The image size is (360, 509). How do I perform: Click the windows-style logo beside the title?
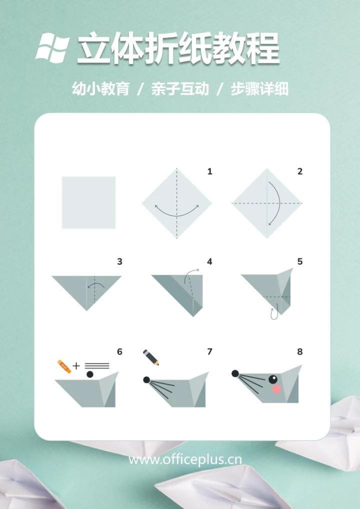52,47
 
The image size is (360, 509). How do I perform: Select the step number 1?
209,171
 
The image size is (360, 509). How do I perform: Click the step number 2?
300,171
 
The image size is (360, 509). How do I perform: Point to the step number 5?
300,261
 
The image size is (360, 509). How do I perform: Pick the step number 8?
300,352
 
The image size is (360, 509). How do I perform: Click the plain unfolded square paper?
88,202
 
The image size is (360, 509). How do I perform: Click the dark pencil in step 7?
150,357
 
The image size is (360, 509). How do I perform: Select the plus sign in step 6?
76,366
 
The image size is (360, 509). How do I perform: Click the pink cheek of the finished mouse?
276,388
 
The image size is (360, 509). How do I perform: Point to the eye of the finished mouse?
273,379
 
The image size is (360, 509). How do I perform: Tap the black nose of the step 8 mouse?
235,373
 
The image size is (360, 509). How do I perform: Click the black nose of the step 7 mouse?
146,379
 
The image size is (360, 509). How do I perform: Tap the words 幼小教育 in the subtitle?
100,89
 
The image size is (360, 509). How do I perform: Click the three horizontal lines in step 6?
97,366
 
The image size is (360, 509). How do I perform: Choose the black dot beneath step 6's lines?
90,374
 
